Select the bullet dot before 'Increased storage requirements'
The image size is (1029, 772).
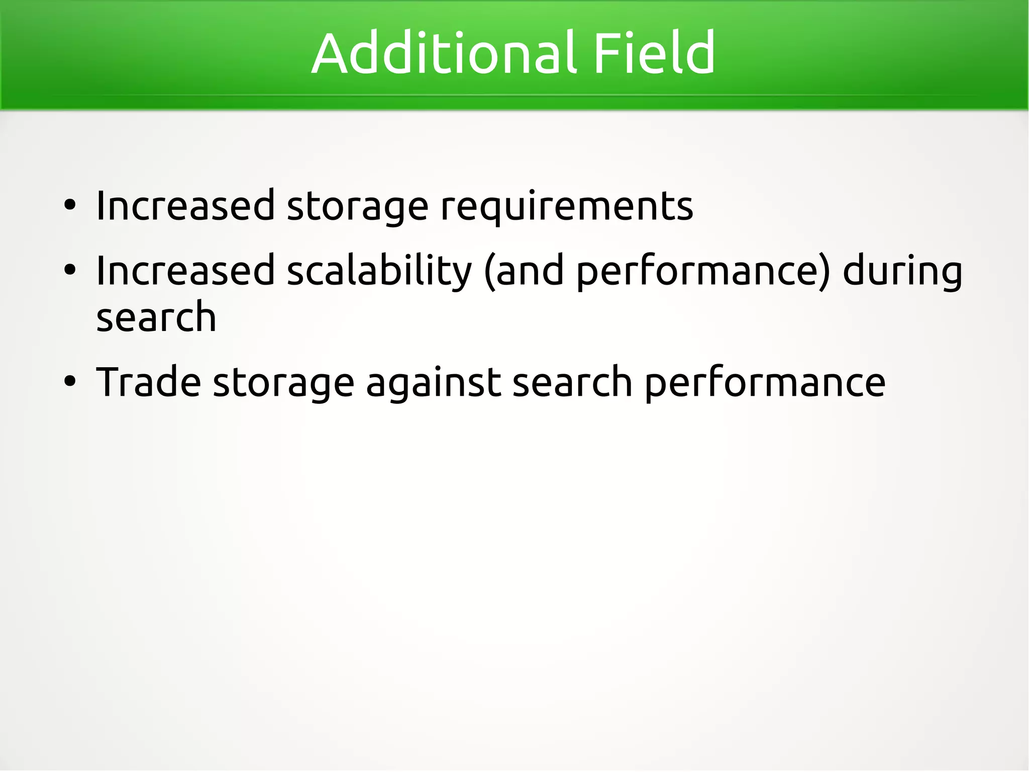[x=70, y=205]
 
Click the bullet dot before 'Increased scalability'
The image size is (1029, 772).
[x=70, y=270]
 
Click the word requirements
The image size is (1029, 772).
[x=566, y=206]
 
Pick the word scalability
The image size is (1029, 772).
[x=379, y=272]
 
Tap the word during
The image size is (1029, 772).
[x=902, y=272]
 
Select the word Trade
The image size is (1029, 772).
[x=149, y=382]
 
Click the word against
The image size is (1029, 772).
[x=433, y=383]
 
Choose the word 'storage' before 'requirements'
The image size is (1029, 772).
[x=357, y=206]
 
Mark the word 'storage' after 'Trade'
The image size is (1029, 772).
[x=283, y=383]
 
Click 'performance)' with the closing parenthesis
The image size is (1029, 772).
[x=703, y=272]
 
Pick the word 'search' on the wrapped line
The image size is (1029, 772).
[x=156, y=317]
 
